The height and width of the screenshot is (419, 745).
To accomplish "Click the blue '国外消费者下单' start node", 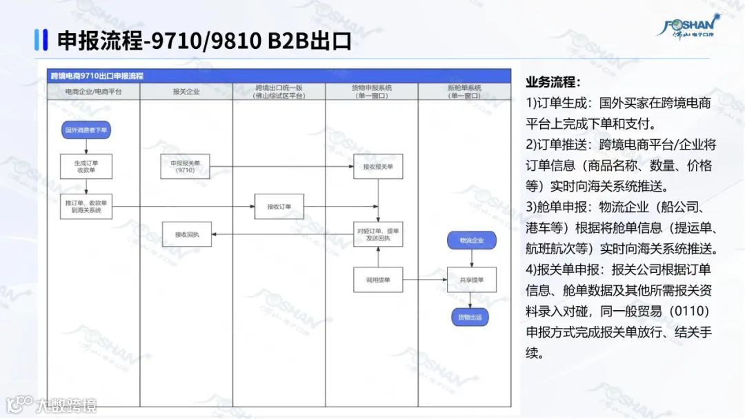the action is click(x=86, y=130).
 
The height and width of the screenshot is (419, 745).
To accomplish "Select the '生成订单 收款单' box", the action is click(x=86, y=166).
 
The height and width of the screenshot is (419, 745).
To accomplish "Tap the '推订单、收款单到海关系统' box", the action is click(x=86, y=207).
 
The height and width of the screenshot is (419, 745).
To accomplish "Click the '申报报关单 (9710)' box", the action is click(x=185, y=166).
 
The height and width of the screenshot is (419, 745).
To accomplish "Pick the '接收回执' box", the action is click(x=186, y=234).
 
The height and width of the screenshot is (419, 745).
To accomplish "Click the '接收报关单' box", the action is click(x=378, y=166).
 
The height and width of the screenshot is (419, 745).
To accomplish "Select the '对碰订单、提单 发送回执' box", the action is click(x=378, y=234).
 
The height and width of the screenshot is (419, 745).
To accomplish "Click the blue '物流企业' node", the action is click(x=471, y=241).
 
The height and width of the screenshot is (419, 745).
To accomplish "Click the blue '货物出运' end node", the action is click(x=471, y=317).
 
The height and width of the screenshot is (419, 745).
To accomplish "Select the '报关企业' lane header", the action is click(x=186, y=92).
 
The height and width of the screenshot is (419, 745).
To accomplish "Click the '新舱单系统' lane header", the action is click(x=464, y=92).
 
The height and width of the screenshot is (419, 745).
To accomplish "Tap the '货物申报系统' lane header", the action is click(x=372, y=92).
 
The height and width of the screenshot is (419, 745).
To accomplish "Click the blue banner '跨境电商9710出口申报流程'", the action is click(x=97, y=76).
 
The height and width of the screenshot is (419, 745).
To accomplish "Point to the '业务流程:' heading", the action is click(x=553, y=83).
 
